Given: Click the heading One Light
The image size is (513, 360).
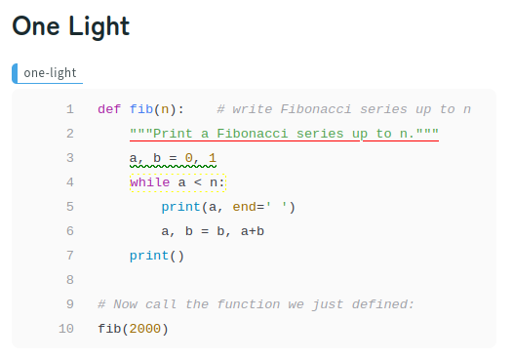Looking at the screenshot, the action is click(70, 27).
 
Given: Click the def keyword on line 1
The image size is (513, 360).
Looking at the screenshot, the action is click(109, 109).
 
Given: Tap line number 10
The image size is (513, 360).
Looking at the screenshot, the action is click(66, 329).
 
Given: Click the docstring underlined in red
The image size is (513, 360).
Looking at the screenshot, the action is click(284, 134).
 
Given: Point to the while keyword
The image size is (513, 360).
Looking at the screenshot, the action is click(148, 182).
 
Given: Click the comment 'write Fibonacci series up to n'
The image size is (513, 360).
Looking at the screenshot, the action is click(344, 109).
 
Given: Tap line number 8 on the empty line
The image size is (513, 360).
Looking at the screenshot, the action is click(70, 280).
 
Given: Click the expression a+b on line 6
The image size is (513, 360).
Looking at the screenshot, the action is click(253, 231).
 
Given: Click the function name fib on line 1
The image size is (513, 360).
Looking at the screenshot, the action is click(140, 109).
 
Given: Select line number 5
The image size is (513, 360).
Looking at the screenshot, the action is click(70, 207).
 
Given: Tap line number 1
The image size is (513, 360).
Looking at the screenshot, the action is click(70, 109).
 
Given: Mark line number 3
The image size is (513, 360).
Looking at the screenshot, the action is click(70, 158).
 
